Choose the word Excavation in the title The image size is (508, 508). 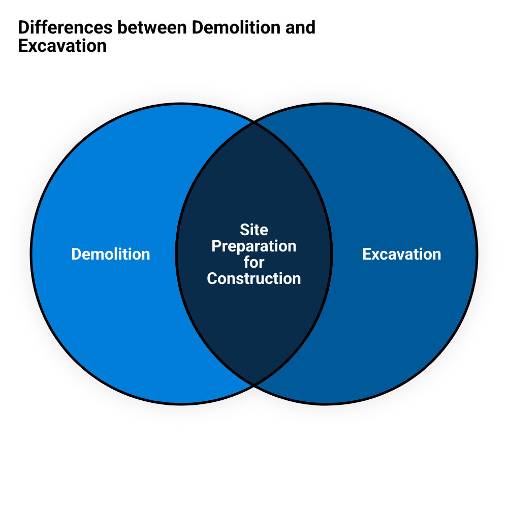click(62, 46)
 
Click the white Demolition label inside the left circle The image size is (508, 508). click(111, 254)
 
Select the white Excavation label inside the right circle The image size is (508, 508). click(401, 254)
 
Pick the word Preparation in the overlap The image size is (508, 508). click(254, 246)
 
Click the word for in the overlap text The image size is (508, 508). click(254, 262)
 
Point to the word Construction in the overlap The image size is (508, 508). click(254, 278)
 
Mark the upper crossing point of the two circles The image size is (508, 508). click(253, 122)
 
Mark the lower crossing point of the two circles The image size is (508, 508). click(253, 385)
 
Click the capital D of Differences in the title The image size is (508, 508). click(23, 27)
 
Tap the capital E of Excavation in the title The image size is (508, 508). click(22, 46)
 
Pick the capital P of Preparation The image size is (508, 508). click(216, 246)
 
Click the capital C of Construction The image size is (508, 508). click(212, 278)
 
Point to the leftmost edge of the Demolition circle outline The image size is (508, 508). click(31, 253)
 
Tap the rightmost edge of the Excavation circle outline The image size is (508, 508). click(477, 253)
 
